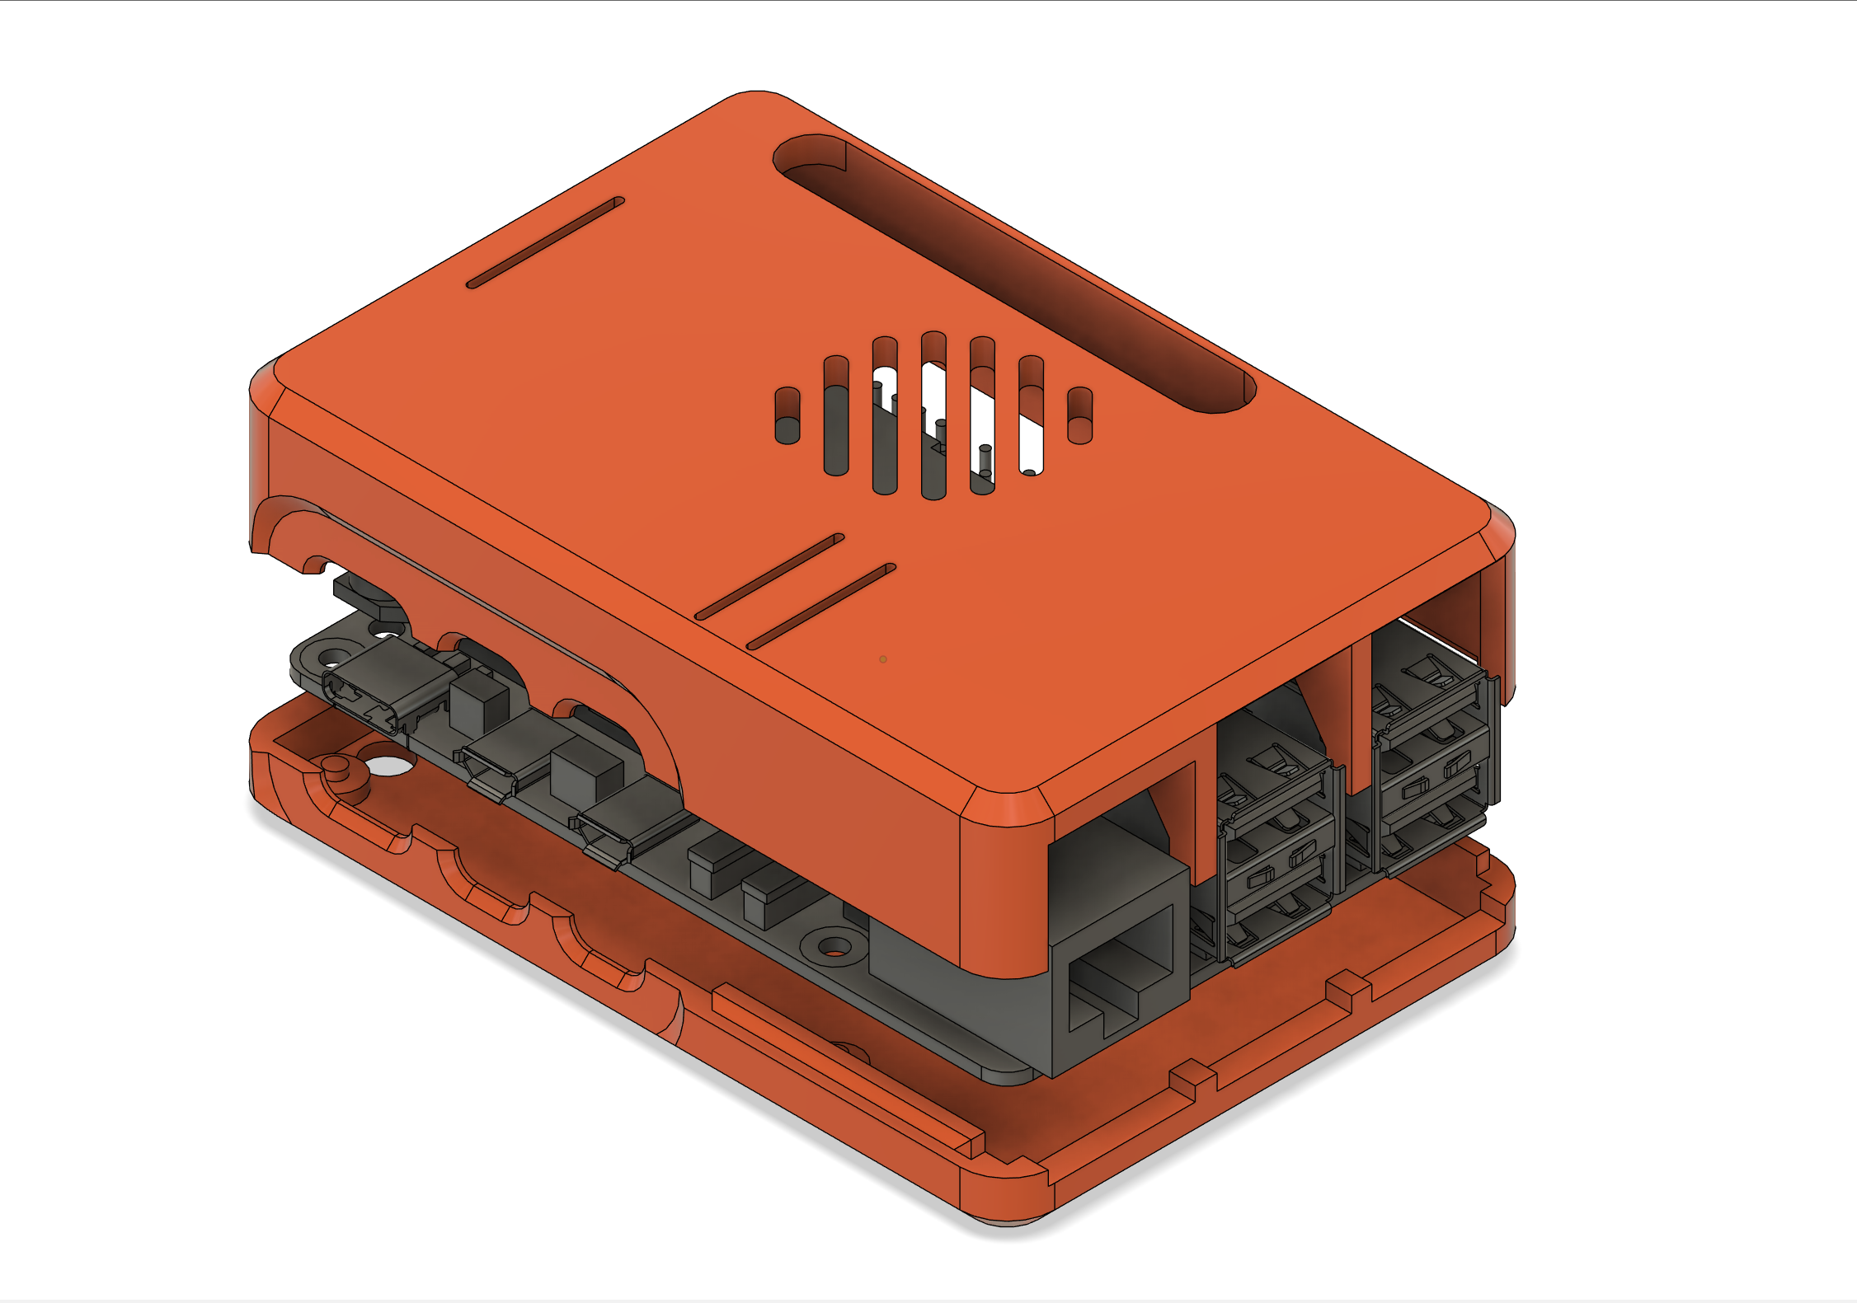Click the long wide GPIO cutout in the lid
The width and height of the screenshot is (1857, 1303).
coord(1014,272)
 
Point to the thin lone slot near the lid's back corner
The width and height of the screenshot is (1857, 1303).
coord(545,243)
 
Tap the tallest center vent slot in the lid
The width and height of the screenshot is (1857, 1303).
coord(933,416)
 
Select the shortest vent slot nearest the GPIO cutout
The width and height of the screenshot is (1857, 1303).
coord(1079,415)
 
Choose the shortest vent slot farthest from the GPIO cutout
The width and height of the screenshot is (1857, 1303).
coord(787,416)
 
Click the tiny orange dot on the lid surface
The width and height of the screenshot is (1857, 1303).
coord(883,659)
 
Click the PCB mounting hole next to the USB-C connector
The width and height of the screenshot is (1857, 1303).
coord(332,658)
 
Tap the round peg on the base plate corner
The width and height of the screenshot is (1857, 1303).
coord(336,766)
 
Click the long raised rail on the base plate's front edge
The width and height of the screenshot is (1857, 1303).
coord(849,1071)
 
